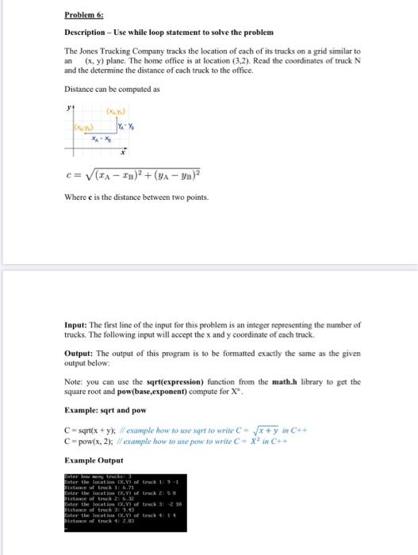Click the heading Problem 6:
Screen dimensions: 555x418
(x=86, y=14)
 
